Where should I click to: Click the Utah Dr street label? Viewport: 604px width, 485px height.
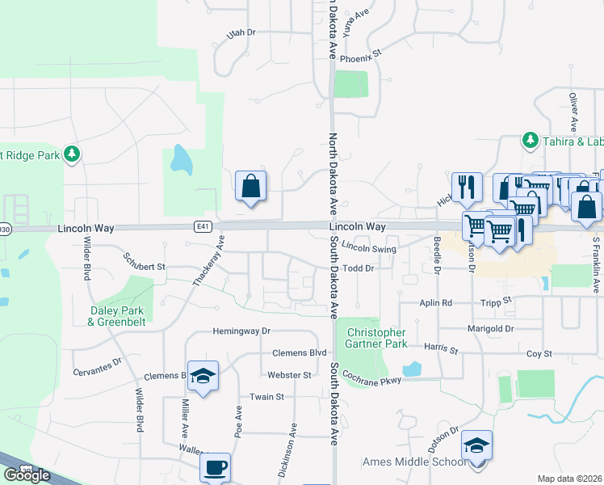[241, 33]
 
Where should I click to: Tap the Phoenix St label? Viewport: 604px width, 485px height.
[359, 60]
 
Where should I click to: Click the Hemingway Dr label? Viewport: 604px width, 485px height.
[241, 331]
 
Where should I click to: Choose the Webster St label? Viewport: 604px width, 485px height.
[289, 375]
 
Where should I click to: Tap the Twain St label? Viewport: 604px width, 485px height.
[266, 397]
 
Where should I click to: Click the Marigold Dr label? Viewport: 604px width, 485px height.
[491, 329]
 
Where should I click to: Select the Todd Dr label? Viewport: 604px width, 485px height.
[359, 268]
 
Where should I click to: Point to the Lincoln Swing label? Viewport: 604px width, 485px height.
[368, 250]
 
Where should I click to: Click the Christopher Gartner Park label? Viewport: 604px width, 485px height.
[376, 338]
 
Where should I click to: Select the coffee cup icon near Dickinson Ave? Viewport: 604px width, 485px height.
[215, 466]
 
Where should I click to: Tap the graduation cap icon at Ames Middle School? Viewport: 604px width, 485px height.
[476, 445]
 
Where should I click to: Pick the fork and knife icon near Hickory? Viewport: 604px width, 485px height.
[467, 187]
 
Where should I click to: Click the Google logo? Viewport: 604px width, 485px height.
[27, 475]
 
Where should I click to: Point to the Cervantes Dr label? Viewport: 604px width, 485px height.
[98, 361]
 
